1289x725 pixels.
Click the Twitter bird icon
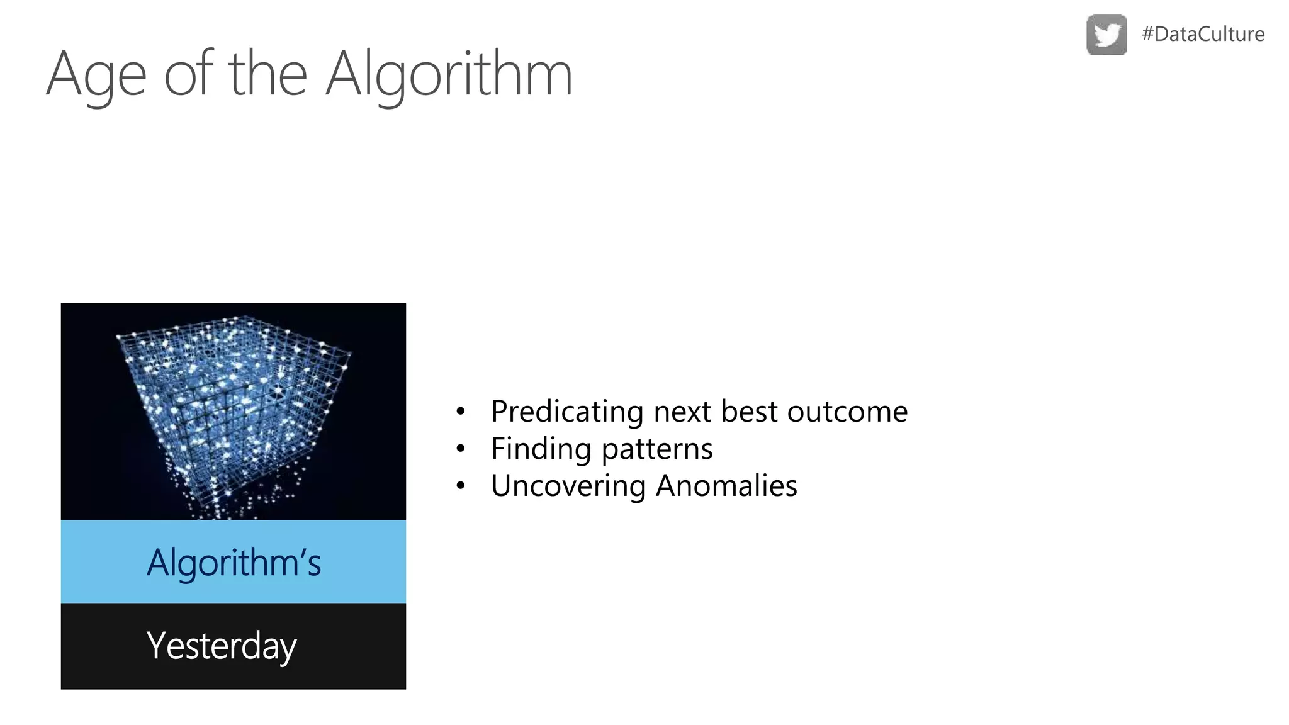[1106, 35]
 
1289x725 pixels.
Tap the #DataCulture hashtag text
[1203, 34]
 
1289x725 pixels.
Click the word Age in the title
[96, 76]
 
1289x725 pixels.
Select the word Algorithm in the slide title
[449, 76]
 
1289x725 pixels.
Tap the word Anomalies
[726, 486]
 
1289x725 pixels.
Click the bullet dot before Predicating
[461, 412]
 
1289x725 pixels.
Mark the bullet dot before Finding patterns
[461, 449]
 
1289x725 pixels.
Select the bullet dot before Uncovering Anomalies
[461, 486]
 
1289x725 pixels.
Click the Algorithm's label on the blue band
[234, 562]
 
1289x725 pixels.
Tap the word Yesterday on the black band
[222, 646]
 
